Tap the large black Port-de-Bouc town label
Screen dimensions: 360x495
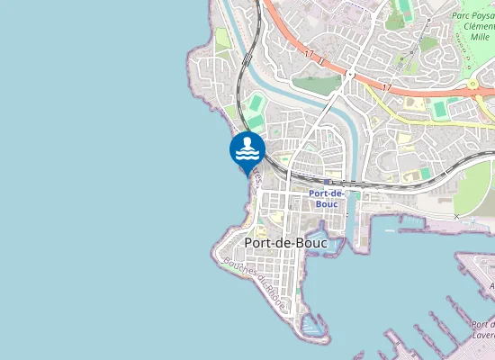click(285, 243)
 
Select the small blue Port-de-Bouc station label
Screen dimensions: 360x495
click(327, 198)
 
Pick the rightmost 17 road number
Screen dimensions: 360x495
click(387, 88)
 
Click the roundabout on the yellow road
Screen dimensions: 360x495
click(473, 85)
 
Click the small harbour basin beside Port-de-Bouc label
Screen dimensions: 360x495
click(334, 245)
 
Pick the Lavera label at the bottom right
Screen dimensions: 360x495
click(483, 335)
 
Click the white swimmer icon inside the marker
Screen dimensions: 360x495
click(247, 147)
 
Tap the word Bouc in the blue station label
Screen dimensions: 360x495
click(326, 203)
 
